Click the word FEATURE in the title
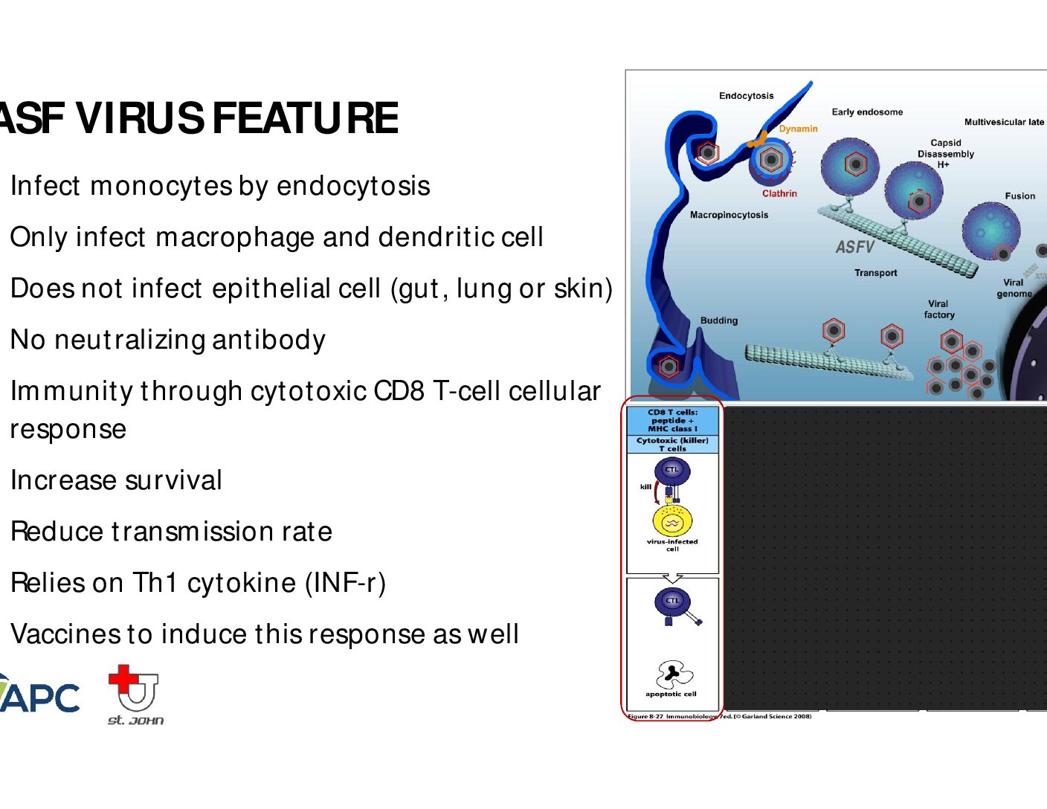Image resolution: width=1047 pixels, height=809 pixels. click(x=305, y=118)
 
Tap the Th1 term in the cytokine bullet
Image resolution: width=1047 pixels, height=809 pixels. click(x=154, y=582)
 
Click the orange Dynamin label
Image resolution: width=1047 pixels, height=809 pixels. click(x=798, y=129)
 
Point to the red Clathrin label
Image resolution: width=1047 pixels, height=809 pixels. click(x=779, y=193)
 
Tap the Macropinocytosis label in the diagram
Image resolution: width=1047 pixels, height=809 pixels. click(x=729, y=215)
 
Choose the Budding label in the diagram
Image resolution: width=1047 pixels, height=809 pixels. click(x=719, y=320)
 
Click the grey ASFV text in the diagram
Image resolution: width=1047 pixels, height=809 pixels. click(x=854, y=247)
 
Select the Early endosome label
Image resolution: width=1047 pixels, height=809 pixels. click(x=867, y=112)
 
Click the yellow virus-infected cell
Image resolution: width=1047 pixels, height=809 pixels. click(x=672, y=521)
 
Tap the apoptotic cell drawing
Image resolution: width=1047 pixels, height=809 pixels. click(x=674, y=674)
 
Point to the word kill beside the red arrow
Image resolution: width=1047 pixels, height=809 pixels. click(x=645, y=486)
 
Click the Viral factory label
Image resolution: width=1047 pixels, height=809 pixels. click(x=938, y=309)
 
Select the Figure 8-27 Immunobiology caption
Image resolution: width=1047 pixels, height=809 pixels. click(x=719, y=717)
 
